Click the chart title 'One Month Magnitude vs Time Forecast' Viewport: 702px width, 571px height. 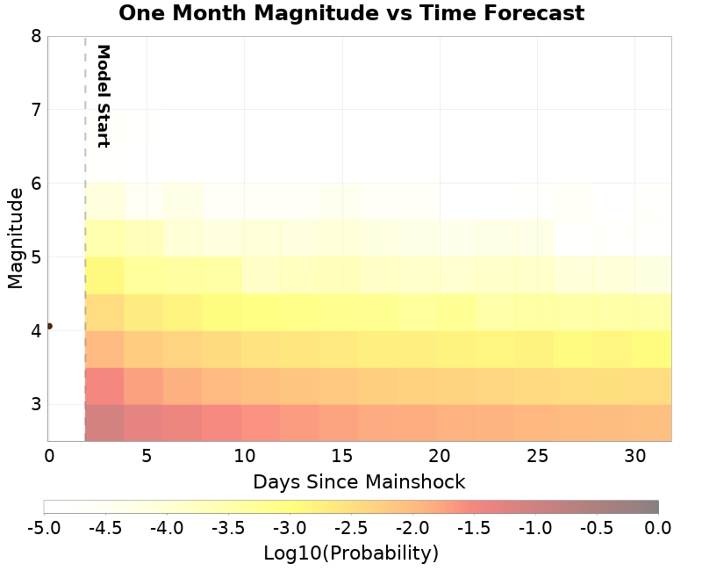point(351,13)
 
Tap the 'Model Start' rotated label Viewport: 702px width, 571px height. point(103,96)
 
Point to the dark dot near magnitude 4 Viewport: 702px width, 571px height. point(49,326)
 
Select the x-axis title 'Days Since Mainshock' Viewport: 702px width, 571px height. point(359,481)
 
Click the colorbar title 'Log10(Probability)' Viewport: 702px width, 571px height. point(351,553)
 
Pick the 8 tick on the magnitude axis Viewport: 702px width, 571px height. point(36,36)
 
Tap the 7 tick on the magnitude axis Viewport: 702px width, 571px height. point(36,110)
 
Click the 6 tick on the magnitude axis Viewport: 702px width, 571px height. point(36,184)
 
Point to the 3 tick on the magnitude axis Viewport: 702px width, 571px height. point(36,405)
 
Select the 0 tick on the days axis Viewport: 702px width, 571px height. point(49,456)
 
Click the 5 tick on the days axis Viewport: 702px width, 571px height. point(147,456)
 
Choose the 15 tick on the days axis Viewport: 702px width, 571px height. point(342,456)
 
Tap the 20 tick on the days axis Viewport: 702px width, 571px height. point(440,456)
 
